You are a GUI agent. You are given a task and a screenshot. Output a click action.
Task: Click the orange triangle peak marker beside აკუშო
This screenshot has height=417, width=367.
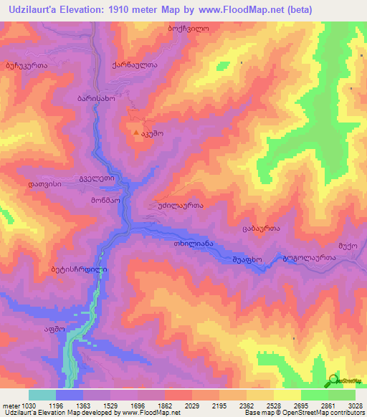coord(136,133)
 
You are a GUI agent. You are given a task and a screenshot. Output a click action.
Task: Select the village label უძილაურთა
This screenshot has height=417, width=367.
coord(175,205)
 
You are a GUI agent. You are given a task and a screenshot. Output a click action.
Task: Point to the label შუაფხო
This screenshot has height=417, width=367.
coord(247,259)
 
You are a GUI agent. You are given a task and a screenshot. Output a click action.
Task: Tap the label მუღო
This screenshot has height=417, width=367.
coord(348,245)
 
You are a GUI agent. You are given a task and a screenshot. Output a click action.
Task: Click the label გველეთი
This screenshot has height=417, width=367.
coord(95,179)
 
